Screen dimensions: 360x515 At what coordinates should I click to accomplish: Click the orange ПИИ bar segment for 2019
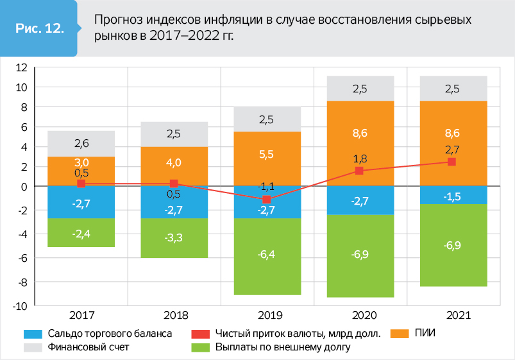pos(266,159)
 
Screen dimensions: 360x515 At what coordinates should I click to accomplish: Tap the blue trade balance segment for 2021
pos(452,195)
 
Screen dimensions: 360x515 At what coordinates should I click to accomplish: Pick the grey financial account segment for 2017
pos(81,144)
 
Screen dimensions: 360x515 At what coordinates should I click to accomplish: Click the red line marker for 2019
pos(266,200)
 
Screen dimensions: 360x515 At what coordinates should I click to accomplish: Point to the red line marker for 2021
pos(452,162)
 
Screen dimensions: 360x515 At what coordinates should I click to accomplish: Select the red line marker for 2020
pos(359,171)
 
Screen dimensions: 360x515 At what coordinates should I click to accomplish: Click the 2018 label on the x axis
pos(174,316)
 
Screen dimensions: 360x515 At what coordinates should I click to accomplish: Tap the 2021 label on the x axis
pos(452,316)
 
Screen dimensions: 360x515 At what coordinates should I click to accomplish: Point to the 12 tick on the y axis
pos(21,67)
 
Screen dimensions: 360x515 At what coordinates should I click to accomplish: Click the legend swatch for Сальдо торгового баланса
pos(33,334)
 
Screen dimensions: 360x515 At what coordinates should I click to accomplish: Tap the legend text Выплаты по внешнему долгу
pos(283,347)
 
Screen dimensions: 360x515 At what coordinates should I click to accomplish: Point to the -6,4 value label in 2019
pos(266,255)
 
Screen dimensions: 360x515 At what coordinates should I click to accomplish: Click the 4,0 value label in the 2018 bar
pos(174,162)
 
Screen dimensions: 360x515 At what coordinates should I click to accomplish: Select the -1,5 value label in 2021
pos(452,196)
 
